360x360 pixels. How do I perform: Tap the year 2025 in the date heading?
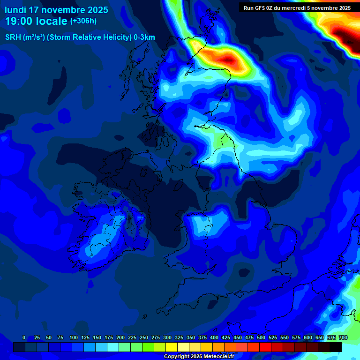tap(94, 10)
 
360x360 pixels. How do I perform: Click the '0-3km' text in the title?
tap(144, 37)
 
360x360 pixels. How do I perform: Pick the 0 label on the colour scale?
tap(24, 337)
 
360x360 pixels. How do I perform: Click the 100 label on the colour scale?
tap(74, 337)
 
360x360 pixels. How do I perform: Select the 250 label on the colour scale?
tap(144, 337)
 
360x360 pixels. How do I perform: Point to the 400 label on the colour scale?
tap(214, 337)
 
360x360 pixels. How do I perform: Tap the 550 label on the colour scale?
tap(285, 337)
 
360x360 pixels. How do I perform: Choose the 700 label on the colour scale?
tap(343, 337)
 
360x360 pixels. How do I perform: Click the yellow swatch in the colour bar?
tap(172, 347)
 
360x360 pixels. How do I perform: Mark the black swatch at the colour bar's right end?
tap(336, 347)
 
